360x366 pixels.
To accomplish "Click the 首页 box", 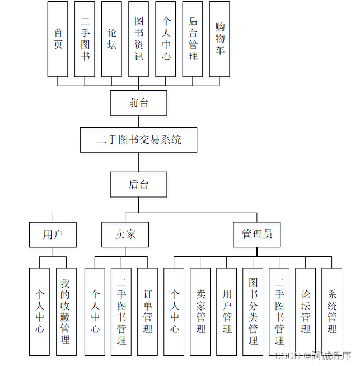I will click(x=58, y=39).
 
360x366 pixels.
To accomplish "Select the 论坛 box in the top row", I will click(x=111, y=39).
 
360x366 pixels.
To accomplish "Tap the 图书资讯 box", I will click(x=138, y=39).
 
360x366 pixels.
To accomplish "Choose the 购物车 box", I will click(x=219, y=39).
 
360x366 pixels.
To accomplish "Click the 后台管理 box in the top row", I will click(x=193, y=39).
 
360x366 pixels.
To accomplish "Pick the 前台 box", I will click(x=138, y=103).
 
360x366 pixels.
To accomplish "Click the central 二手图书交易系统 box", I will click(x=138, y=140).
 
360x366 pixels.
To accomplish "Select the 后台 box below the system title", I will click(x=138, y=184).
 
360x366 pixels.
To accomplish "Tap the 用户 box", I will click(x=53, y=234).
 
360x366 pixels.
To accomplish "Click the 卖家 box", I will click(x=125, y=234).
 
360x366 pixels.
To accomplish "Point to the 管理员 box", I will click(x=257, y=234).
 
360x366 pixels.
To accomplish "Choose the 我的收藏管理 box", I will click(x=66, y=311).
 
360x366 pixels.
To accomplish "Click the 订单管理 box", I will click(x=148, y=311).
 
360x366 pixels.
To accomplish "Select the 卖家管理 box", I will click(x=200, y=311).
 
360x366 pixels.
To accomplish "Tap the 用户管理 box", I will click(x=227, y=311).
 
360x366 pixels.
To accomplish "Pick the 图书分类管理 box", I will click(x=253, y=311).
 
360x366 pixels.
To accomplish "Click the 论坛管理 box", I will click(x=306, y=311).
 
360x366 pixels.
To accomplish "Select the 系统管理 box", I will click(x=332, y=311).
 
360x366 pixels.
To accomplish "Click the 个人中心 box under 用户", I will click(x=39, y=311).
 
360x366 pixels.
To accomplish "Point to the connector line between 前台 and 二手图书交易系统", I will click(x=138, y=121).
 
